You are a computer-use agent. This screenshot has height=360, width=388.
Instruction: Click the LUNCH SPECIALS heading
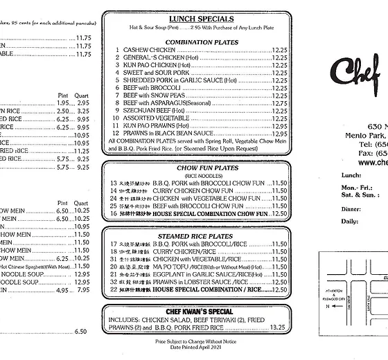[x=194, y=19]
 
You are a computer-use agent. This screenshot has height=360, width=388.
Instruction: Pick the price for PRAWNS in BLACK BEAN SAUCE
[x=279, y=134]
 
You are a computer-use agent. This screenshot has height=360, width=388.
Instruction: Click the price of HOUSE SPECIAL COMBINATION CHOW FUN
[x=279, y=214]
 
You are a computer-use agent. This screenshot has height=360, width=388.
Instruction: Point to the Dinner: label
[x=351, y=208]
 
